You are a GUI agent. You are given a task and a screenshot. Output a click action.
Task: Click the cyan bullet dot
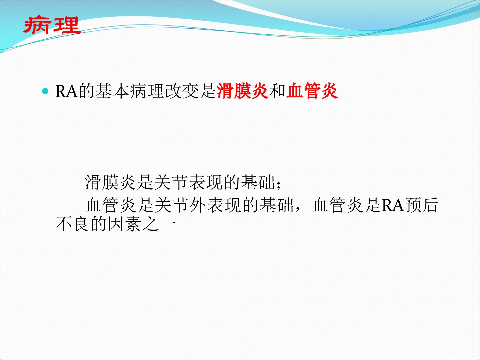click(45, 91)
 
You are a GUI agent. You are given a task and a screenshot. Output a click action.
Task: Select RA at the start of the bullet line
click(67, 91)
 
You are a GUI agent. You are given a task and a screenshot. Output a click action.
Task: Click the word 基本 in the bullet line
click(112, 91)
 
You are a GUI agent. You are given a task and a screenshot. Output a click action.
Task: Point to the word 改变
click(182, 91)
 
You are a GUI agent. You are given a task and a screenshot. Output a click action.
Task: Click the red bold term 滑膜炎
click(242, 91)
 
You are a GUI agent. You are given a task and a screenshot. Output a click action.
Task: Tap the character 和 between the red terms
click(277, 91)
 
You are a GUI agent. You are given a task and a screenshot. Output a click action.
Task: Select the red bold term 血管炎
click(312, 91)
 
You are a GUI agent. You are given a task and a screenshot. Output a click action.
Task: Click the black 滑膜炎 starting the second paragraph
click(110, 182)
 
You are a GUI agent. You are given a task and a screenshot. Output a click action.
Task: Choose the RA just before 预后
click(393, 205)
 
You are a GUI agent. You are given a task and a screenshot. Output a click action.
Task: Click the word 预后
click(421, 205)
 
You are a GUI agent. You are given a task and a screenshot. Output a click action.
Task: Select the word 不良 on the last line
click(73, 224)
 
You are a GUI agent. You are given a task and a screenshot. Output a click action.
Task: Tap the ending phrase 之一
click(159, 224)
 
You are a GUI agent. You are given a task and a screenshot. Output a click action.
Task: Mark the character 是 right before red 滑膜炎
click(208, 91)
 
